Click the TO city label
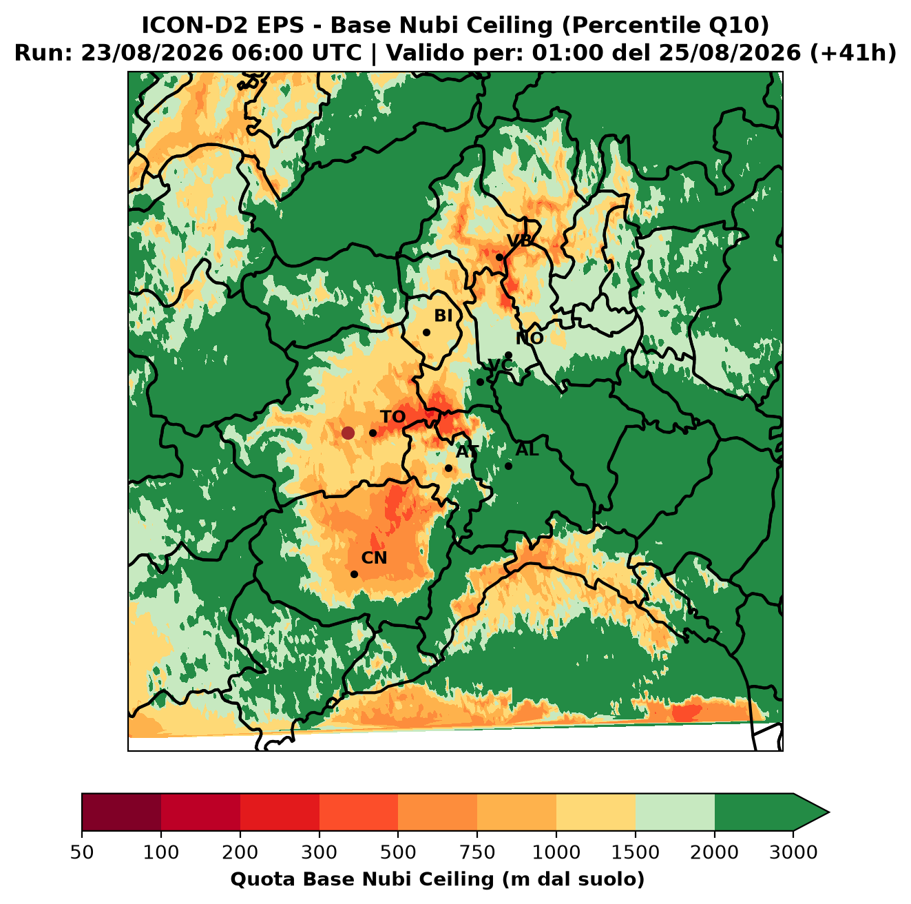click(393, 417)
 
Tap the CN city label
click(374, 558)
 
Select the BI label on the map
click(443, 316)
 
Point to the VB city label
click(519, 240)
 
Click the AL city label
click(527, 450)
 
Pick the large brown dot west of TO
click(348, 433)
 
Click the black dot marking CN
click(354, 574)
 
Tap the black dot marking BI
click(426, 333)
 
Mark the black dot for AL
click(508, 466)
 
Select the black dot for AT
click(448, 469)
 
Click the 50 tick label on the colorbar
click(82, 852)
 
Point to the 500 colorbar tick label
click(398, 852)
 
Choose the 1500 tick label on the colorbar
click(636, 852)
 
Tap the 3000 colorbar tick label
click(793, 852)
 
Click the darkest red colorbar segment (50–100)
click(121, 812)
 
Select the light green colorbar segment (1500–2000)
click(675, 812)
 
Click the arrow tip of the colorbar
click(829, 812)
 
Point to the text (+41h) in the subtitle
click(853, 53)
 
